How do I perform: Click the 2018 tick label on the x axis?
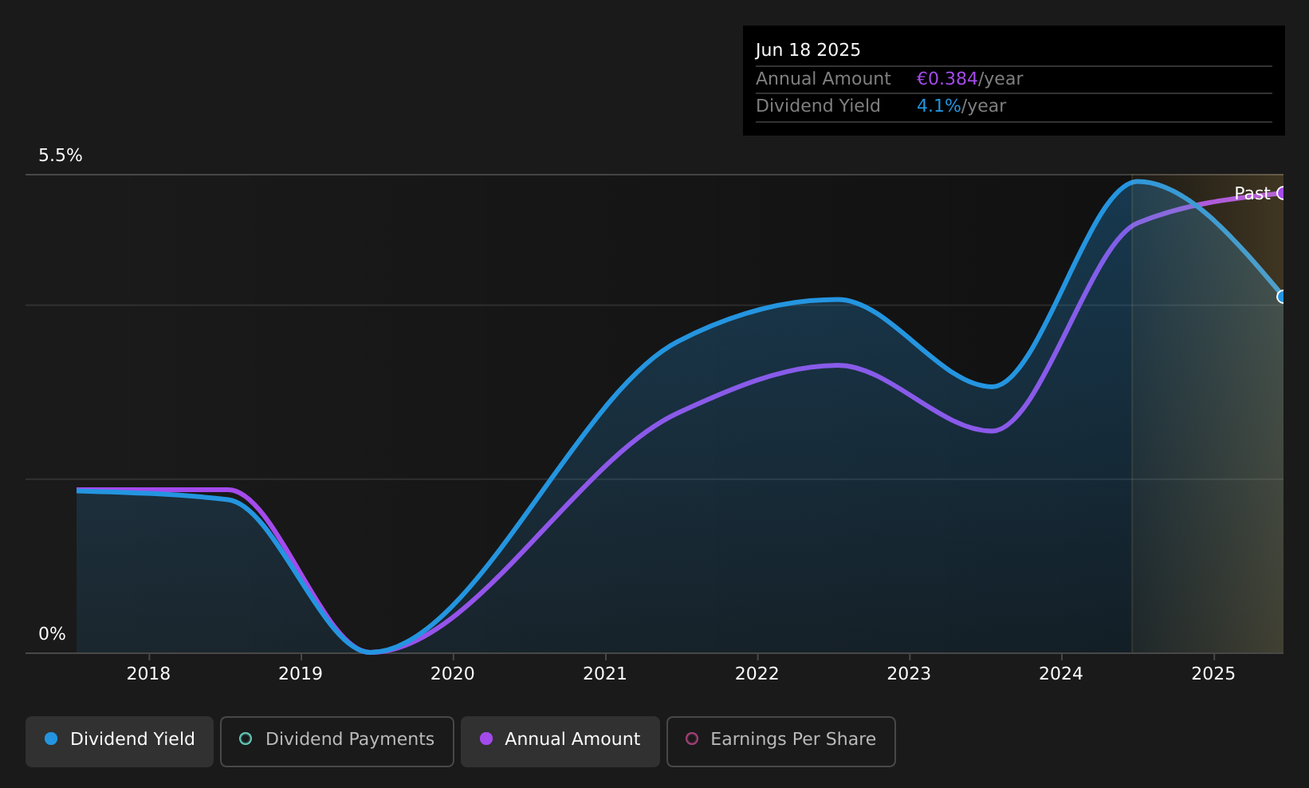[148, 674]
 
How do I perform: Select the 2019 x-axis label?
[301, 674]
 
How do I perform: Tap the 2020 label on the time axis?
[453, 674]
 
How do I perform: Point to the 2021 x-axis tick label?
[605, 674]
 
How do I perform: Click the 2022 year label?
[757, 674]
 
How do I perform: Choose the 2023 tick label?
[909, 674]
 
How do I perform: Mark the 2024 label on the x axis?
[1061, 674]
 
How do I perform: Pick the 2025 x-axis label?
[1214, 674]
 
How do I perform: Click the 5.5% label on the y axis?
[61, 156]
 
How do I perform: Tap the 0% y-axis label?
[52, 634]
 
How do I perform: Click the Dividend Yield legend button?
[120, 741]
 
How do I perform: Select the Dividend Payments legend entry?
[337, 741]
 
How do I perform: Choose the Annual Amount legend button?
[560, 741]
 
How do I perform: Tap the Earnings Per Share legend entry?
[781, 741]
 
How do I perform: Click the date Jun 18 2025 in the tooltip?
[808, 50]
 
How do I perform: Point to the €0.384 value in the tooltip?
[947, 79]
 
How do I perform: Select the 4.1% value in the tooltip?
[938, 106]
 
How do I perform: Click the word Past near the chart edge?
[1252, 194]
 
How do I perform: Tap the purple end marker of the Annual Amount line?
[1282, 193]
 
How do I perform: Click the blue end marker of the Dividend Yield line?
[1282, 297]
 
